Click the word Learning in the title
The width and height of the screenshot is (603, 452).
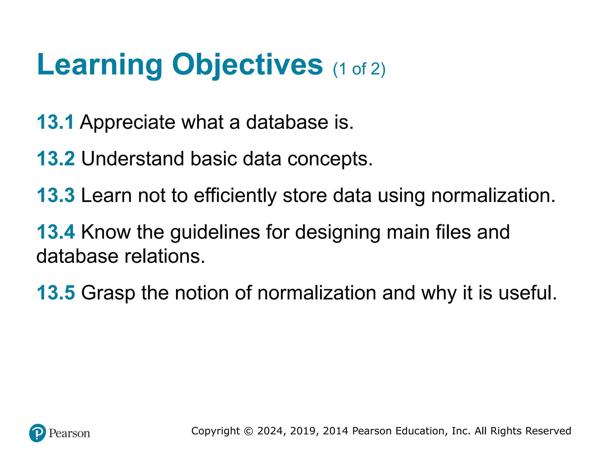tap(100, 65)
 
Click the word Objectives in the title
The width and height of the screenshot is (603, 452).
tap(247, 65)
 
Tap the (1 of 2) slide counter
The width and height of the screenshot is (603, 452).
tap(359, 69)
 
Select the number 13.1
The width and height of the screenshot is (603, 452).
tap(55, 122)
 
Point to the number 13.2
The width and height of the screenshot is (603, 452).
tap(56, 159)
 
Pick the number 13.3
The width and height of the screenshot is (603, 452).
tap(56, 195)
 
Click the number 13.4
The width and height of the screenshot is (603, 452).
tap(56, 232)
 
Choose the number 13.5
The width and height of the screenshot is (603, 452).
tap(56, 293)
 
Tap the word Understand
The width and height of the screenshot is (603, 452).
tap(132, 159)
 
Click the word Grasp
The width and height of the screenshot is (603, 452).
tap(108, 293)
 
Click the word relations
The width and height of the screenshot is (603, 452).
tap(165, 256)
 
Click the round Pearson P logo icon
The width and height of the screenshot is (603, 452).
tap(38, 433)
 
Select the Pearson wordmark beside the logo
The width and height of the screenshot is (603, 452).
tap(69, 433)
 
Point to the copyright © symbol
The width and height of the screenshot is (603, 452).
tap(249, 431)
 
